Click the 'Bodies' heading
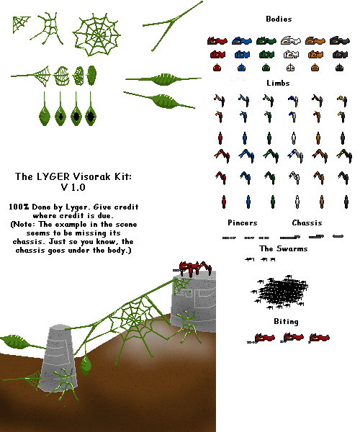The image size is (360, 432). pos(279,19)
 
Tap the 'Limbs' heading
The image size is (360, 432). pos(278,83)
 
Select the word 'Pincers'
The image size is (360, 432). pos(243,222)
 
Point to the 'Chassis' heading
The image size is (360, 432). pos(307,222)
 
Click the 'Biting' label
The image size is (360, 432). pos(286,322)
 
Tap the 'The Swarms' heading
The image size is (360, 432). pos(284,248)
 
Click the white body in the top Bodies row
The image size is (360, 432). pos(291,40)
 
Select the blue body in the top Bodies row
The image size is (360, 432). pos(242,40)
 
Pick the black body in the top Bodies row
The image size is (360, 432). pos(340,40)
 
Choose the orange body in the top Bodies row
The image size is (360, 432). pos(315,40)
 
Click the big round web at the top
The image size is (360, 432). pos(96,35)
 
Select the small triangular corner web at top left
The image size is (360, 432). pos(21,24)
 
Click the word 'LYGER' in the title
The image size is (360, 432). pos(53,176)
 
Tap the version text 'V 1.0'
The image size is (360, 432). pos(73,187)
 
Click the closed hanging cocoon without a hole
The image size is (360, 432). pos(45,109)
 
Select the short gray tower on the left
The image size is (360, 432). pos(58,357)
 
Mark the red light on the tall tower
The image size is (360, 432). pos(190,292)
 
